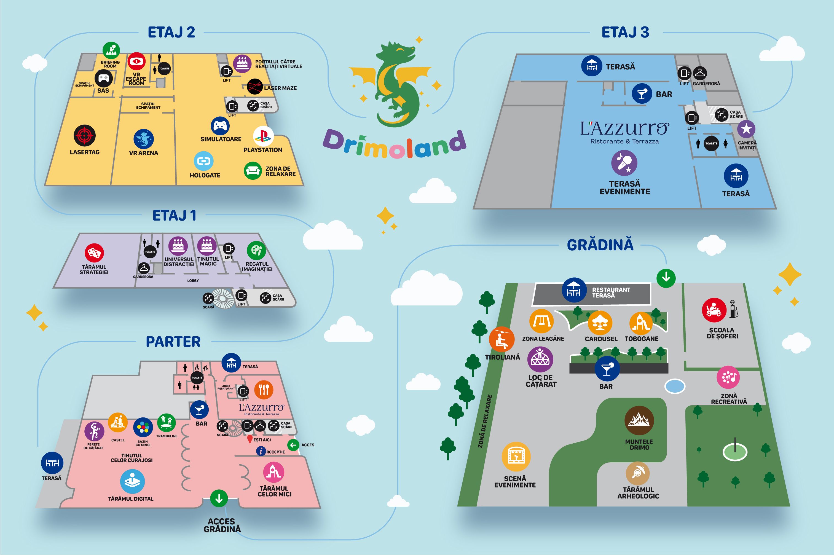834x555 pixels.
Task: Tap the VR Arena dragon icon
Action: coord(143,139)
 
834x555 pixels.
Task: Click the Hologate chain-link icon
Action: coord(203,161)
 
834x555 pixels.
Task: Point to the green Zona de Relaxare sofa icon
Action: coord(253,171)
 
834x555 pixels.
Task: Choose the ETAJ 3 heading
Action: coord(625,33)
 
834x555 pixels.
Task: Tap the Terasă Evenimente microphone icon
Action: coord(624,163)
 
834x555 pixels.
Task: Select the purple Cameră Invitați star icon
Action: coord(746,129)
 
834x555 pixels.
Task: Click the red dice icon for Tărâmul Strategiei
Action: coord(94,253)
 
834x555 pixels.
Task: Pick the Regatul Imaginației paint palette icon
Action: coord(256,251)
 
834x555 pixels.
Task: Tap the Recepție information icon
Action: coord(261,451)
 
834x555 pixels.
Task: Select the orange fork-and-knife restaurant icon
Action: coord(264,390)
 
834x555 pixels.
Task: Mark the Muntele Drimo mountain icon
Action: coord(639,420)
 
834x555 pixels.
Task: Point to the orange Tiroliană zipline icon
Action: coord(502,339)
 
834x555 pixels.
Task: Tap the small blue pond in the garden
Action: coord(675,386)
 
